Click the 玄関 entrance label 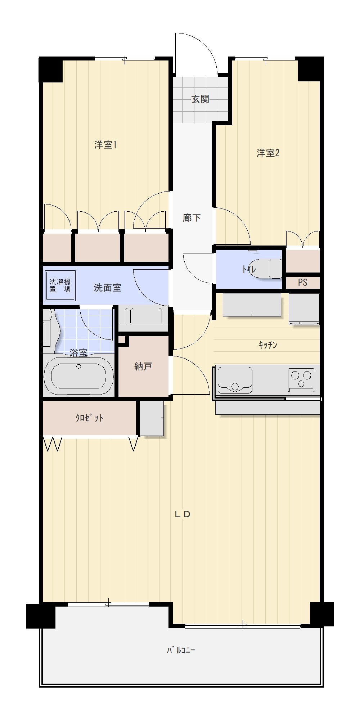200,99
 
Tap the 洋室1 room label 105,145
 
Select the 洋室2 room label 268,153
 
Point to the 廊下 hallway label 192,218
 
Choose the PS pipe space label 303,282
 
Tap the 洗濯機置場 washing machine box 60,286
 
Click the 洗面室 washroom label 107,288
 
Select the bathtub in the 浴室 78,376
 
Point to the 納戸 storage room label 143,366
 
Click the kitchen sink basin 235,380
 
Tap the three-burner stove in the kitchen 301,380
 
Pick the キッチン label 268,345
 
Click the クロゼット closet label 89,418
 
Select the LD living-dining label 182,514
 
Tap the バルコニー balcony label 181,650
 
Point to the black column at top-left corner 51,69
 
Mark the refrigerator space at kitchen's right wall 304,309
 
